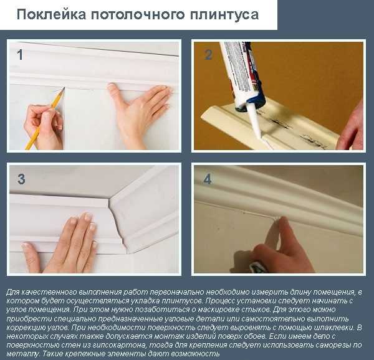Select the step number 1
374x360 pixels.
coord(20,54)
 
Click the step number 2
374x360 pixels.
coord(209,54)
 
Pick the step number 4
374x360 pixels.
coord(208,179)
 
